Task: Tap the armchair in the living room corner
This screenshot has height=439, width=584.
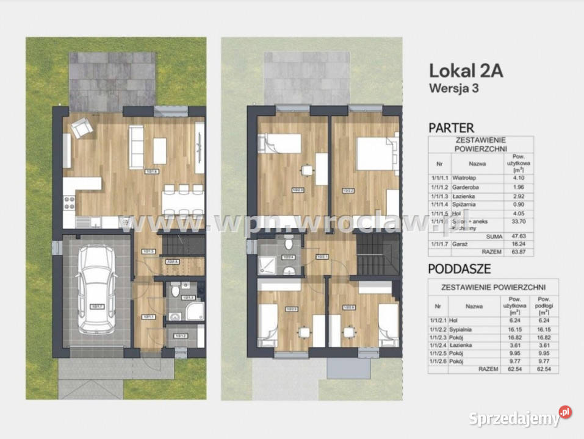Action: click(82, 127)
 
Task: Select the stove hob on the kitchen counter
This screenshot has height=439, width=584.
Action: click(68, 204)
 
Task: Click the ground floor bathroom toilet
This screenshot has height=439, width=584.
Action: click(175, 291)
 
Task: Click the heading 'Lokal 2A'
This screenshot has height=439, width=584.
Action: click(466, 71)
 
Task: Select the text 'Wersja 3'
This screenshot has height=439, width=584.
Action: click(453, 87)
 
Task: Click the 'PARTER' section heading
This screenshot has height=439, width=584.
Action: click(451, 128)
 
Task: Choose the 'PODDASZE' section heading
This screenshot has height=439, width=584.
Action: click(460, 269)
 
